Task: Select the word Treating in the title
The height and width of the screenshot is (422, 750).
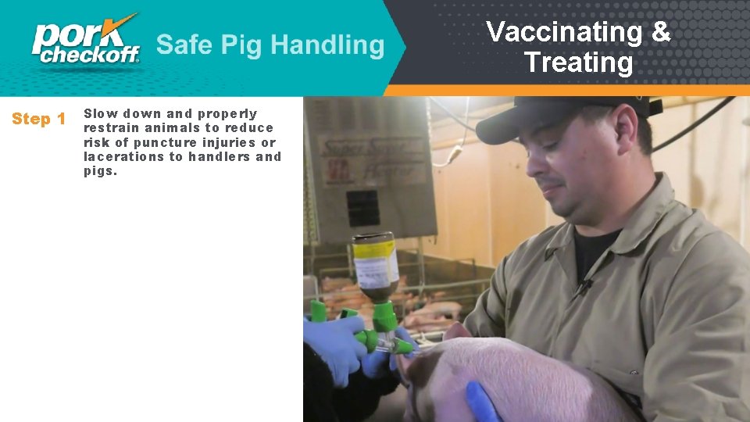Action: (x=578, y=63)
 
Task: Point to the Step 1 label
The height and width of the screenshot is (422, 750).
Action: (x=38, y=120)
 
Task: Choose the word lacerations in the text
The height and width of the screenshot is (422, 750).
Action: (x=122, y=156)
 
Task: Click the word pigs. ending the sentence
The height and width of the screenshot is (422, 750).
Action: (x=101, y=170)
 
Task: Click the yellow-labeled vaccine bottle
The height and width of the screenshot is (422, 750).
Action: (x=376, y=266)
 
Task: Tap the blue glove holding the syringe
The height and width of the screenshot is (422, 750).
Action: (x=334, y=344)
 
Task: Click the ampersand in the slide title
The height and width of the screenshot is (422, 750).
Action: (x=660, y=32)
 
